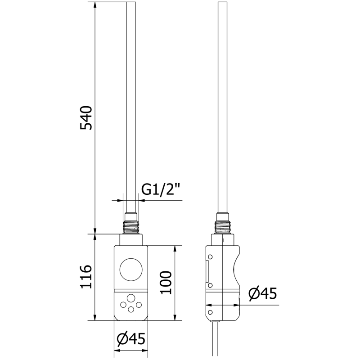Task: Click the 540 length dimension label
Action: [x=86, y=118]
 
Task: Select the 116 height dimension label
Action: [x=86, y=277]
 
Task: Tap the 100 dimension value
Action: [x=166, y=283]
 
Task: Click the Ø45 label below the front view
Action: [x=130, y=339]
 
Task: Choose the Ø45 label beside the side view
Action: [x=262, y=294]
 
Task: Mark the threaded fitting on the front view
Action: [x=131, y=226]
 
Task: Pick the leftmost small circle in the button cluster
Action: [x=122, y=305]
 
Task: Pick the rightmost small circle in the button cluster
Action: [x=139, y=305]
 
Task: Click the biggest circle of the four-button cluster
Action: [x=131, y=298]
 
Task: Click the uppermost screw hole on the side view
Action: [x=210, y=257]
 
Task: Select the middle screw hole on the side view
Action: [x=210, y=285]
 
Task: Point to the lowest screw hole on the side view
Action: [x=210, y=311]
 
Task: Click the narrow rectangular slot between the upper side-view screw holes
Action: [x=207, y=271]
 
